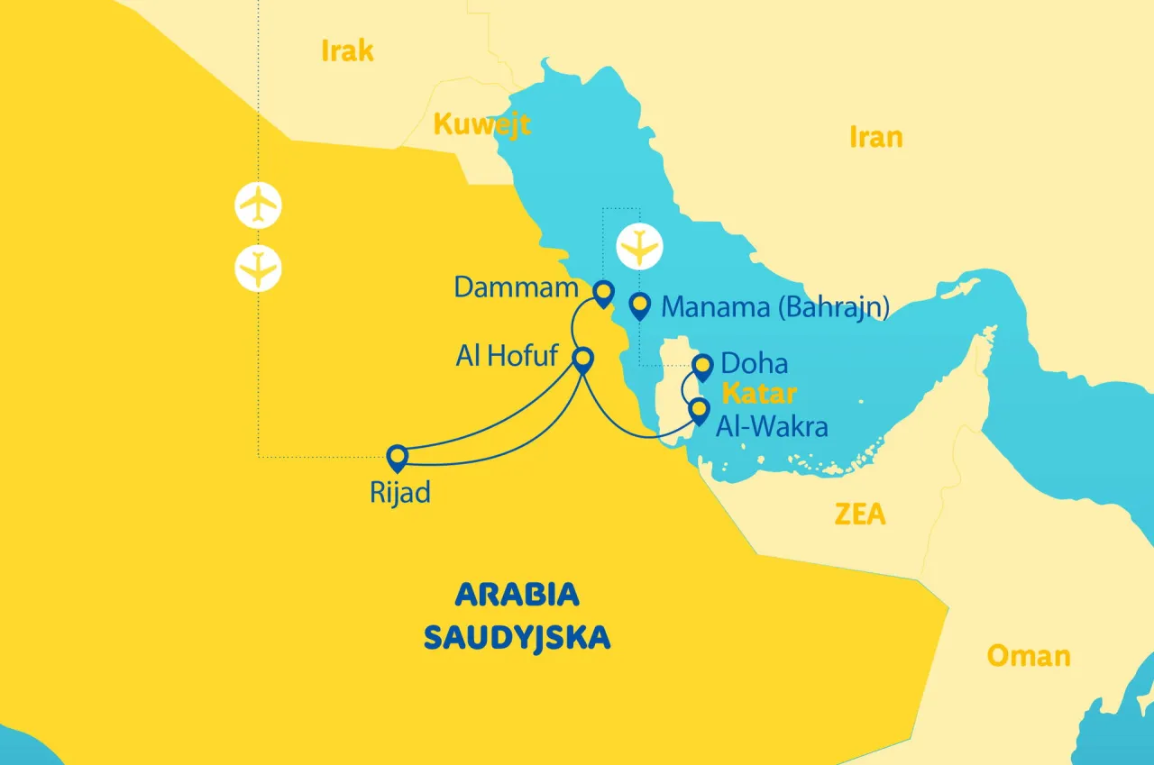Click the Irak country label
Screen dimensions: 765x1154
coord(347,51)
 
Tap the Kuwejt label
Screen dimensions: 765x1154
coord(481,124)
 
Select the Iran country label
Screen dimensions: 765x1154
coord(875,137)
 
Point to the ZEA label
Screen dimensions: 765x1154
coord(859,515)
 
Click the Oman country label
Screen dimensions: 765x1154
coord(1029,655)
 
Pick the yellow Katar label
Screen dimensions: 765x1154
coord(759,394)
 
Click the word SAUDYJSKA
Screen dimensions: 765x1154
coord(517,638)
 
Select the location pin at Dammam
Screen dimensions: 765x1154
coord(603,293)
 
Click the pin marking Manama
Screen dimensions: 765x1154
coord(640,306)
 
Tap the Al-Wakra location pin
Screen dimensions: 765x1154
coord(699,411)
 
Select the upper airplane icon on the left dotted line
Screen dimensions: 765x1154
coord(259,205)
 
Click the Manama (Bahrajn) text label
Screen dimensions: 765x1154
coord(775,307)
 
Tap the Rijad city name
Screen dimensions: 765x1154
coord(399,493)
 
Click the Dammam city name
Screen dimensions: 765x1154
coord(515,287)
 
